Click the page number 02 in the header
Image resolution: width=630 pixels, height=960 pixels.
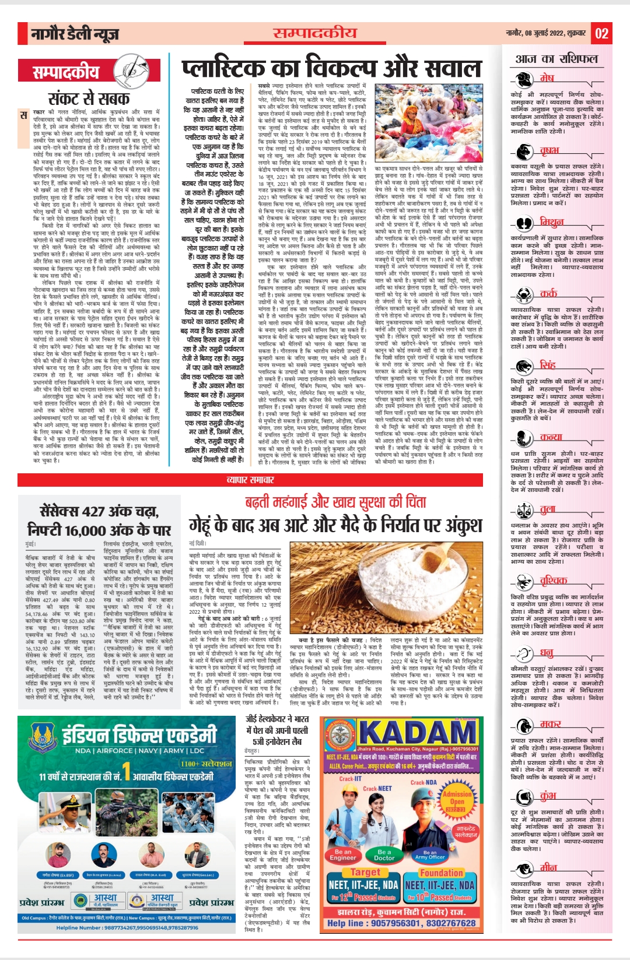[x=602, y=33]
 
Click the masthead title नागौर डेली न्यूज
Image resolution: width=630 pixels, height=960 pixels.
[x=75, y=34]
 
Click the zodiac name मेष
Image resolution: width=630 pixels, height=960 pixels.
[x=547, y=78]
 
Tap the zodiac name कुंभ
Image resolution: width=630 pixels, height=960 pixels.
[x=548, y=796]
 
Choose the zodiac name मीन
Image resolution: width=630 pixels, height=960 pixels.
[x=548, y=867]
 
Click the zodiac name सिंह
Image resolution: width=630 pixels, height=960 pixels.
[x=548, y=365]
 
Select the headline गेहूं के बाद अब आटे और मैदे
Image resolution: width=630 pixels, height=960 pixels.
[x=335, y=525]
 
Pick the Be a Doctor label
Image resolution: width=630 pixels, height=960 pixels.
[x=384, y=854]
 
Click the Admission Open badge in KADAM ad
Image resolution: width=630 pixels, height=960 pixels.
[x=457, y=798]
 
